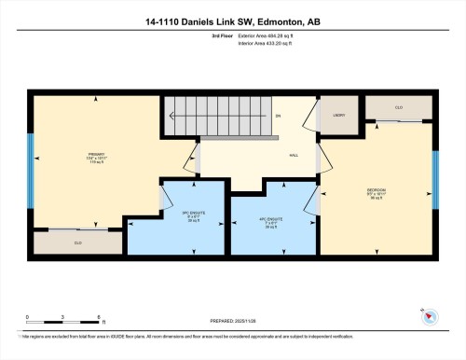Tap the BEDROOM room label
(x=377, y=193)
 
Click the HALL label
(x=295, y=156)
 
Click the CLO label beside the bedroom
(x=399, y=108)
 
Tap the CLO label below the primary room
(x=78, y=242)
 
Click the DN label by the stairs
(x=278, y=116)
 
